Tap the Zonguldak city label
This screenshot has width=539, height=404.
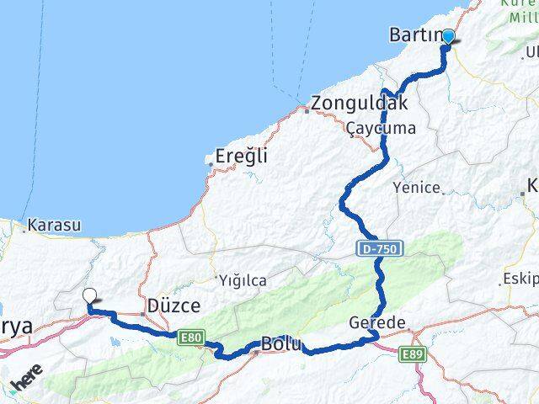pyautogui.click(x=359, y=104)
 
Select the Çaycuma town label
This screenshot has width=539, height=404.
pyautogui.click(x=382, y=128)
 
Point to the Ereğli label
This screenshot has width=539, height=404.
pyautogui.click(x=241, y=156)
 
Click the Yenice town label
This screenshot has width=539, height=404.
pyautogui.click(x=417, y=188)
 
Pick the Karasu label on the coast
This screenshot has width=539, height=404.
pyautogui.click(x=54, y=226)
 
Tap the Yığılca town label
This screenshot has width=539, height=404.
pyautogui.click(x=242, y=279)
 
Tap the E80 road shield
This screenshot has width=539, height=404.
pyautogui.click(x=191, y=338)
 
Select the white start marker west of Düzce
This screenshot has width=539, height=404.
pyautogui.click(x=90, y=296)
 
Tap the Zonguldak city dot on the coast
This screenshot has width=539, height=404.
pyautogui.click(x=307, y=109)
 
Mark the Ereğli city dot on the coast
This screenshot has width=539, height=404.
pyautogui.click(x=210, y=160)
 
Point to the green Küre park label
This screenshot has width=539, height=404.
pyautogui.click(x=521, y=8)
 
